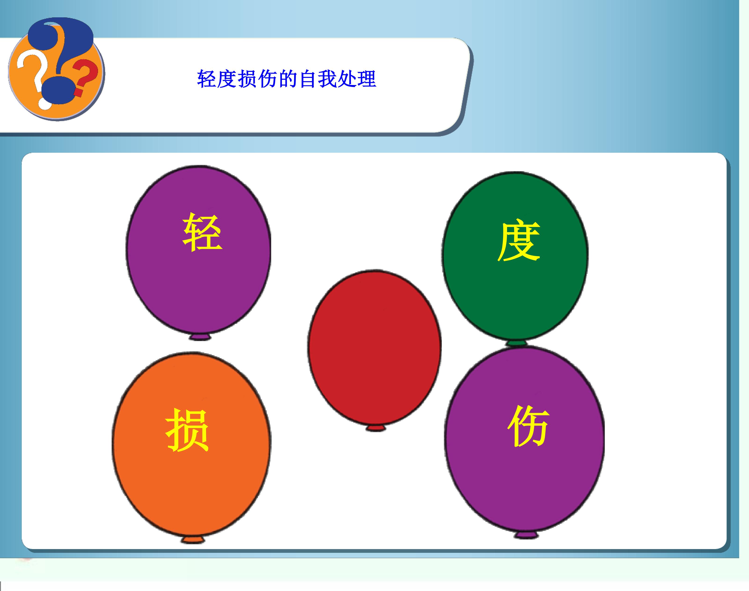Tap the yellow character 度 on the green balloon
tap(519, 241)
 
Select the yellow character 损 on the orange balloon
tap(187, 430)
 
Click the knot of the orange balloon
tap(193, 549)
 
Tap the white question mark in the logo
tap(33, 76)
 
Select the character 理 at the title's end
tap(367, 79)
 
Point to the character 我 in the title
tap(327, 79)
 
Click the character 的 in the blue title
tap(287, 79)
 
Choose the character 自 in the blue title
tap(307, 79)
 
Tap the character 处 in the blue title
tap(347, 79)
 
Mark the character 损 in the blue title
tap(247, 79)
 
